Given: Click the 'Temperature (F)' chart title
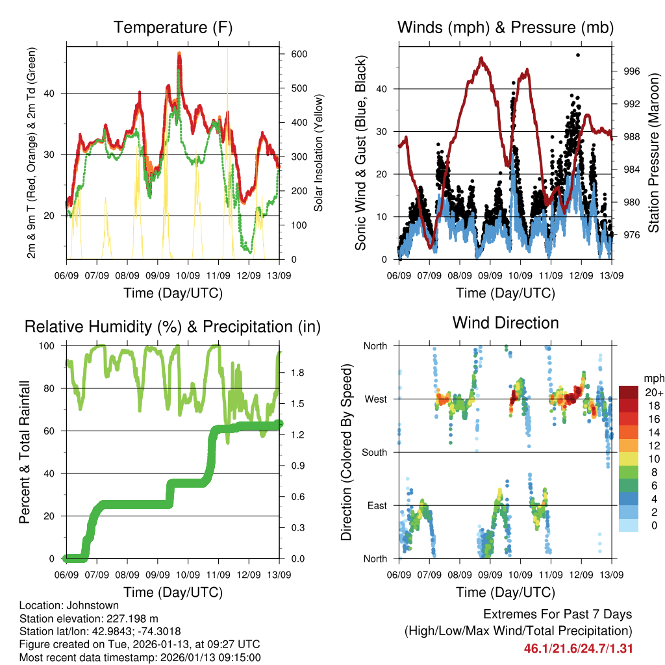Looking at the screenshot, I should pos(173,28).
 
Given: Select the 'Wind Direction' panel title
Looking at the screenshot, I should pos(505,322).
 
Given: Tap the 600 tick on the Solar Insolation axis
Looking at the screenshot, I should pos(299,54).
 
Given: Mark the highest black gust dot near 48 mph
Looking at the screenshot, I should pos(578,55).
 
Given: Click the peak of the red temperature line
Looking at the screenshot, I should pos(179,55).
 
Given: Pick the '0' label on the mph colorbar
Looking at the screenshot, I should pos(653,526).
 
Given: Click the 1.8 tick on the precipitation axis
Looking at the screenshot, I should pos(299,373).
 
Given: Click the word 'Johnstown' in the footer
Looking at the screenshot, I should pos(91,606).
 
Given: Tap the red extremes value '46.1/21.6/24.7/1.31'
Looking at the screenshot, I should pos(578,649).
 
